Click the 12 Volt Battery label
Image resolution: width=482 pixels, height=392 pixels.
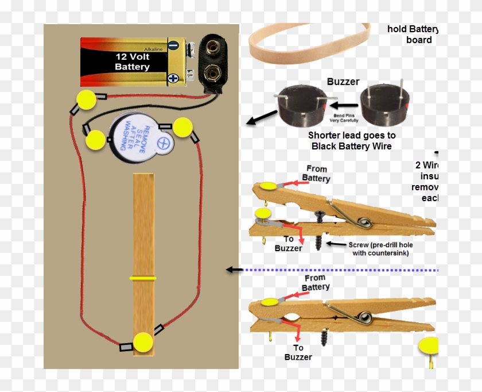[132, 62]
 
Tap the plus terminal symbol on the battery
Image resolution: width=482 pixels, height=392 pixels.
[173, 78]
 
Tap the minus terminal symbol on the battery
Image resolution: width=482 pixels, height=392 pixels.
[173, 45]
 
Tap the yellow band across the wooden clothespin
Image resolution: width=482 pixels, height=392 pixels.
[143, 278]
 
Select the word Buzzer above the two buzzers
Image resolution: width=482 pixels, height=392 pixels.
[343, 82]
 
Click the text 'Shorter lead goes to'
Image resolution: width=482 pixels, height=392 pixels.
[352, 135]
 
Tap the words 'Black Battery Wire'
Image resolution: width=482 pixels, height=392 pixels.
[352, 146]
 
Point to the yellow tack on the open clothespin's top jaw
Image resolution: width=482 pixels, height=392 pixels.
[267, 186]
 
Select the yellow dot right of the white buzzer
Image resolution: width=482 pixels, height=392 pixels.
[183, 127]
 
